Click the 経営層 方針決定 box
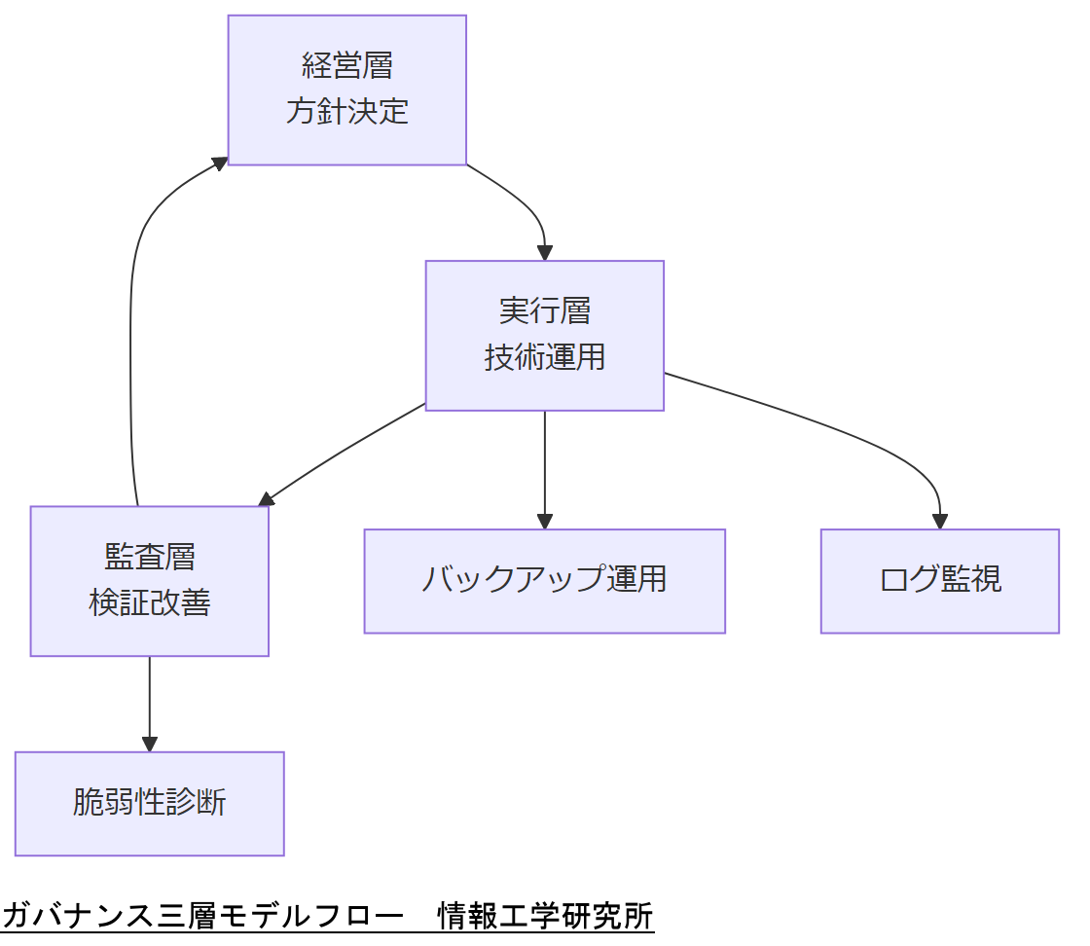[346, 90]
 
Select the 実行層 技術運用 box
[544, 335]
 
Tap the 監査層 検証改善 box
[149, 580]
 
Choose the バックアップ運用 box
[544, 581]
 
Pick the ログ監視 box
[939, 581]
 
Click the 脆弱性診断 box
[149, 803]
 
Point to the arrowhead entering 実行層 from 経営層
[545, 252]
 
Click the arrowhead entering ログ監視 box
[940, 521]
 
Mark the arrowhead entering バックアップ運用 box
[545, 521]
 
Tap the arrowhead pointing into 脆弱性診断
[150, 743]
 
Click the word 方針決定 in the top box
[346, 112]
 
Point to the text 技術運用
[544, 357]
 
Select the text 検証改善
[149, 603]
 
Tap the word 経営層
[346, 66]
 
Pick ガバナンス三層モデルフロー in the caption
[202, 916]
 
